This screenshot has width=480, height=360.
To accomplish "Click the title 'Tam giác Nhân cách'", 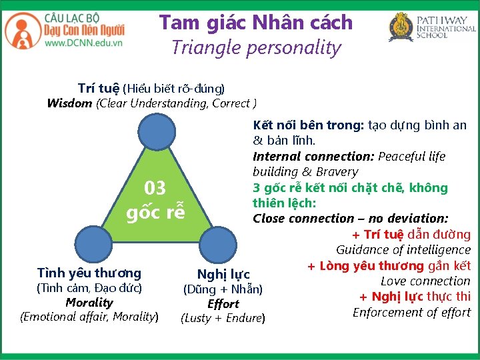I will click(255, 22).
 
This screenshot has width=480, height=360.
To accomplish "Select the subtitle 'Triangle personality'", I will click(255, 47).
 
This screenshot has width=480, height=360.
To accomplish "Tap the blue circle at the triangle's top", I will click(158, 132).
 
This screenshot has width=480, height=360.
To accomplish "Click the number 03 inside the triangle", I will click(155, 188).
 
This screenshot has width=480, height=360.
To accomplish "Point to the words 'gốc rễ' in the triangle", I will click(155, 213).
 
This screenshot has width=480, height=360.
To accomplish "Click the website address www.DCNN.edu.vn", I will click(83, 43).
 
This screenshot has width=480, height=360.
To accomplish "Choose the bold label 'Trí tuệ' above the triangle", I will click(98, 88).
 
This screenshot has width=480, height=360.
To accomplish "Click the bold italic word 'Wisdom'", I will click(70, 103).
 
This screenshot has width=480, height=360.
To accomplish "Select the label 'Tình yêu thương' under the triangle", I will click(89, 273).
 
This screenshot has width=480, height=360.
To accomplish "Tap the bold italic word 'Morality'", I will click(89, 302).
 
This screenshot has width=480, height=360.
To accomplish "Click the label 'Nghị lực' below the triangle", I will click(223, 274).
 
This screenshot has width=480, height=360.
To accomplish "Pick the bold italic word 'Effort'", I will click(223, 303).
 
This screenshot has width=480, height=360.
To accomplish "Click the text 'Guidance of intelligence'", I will click(403, 250).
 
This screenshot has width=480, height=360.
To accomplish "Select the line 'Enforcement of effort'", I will click(411, 312).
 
